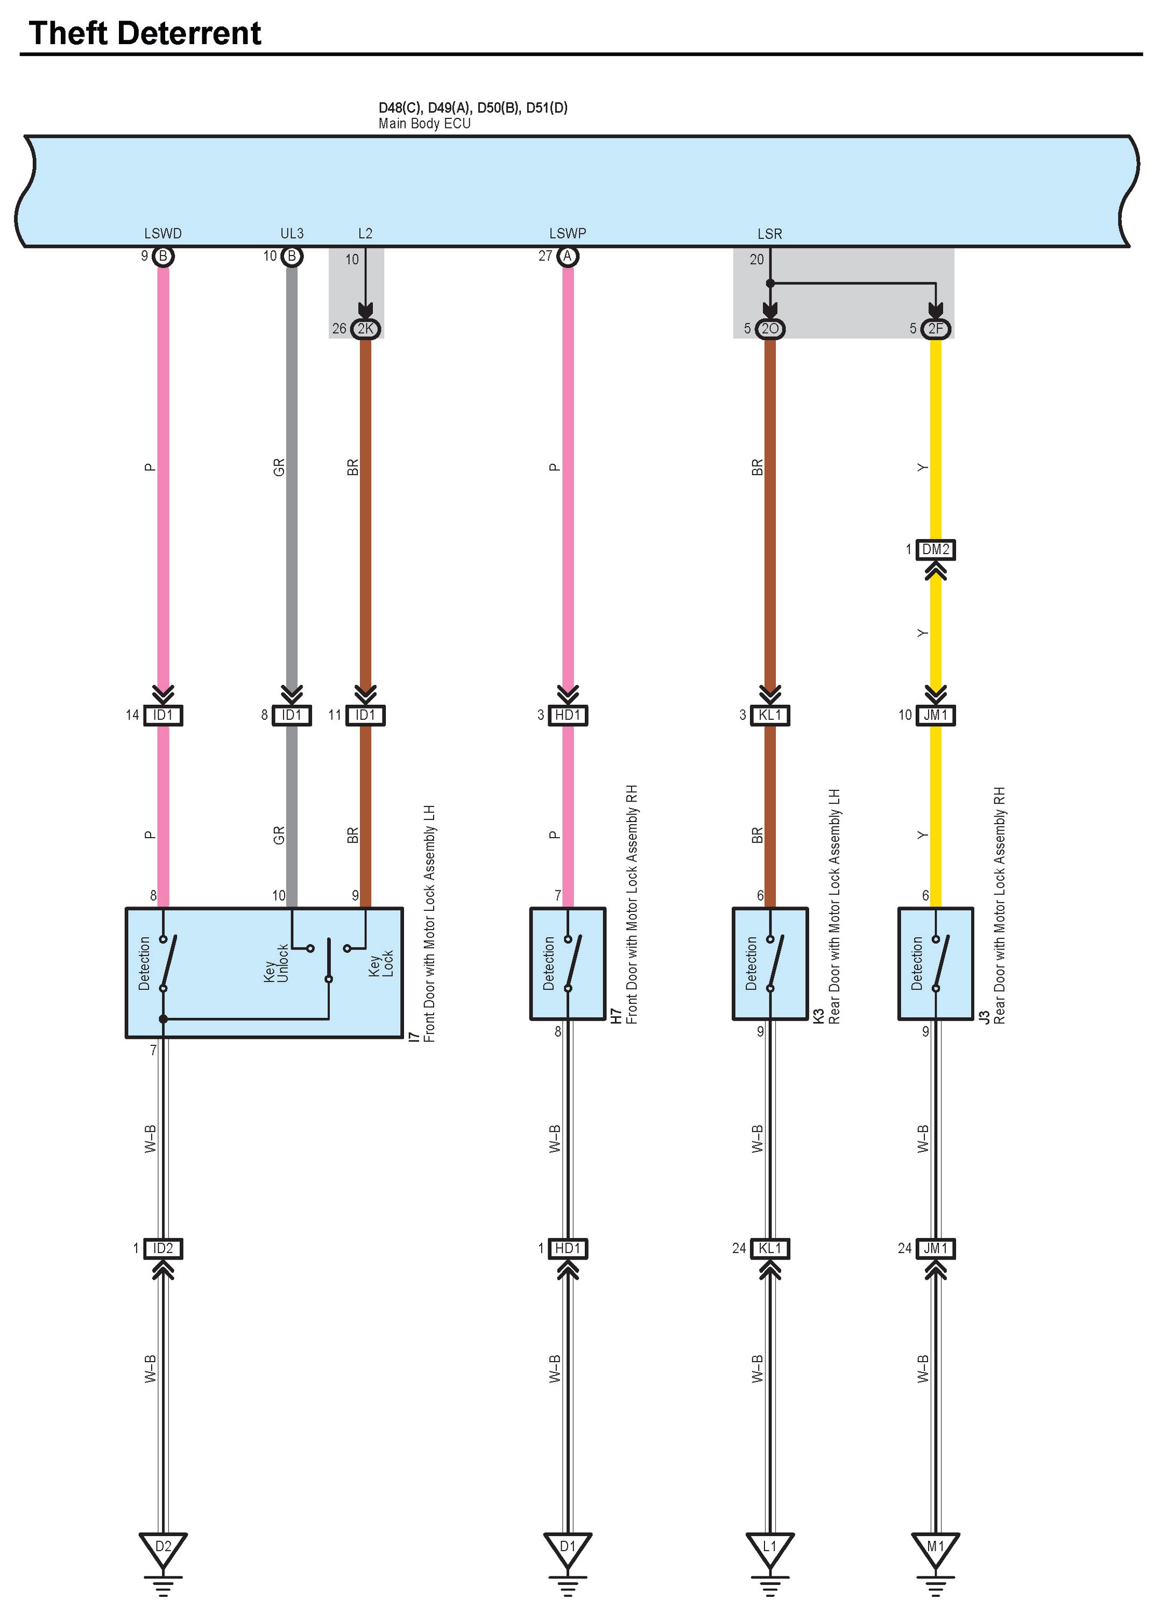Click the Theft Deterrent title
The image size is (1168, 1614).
145,33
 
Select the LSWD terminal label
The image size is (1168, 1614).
163,233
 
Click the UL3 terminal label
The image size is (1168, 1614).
292,233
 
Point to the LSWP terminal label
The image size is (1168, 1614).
567,233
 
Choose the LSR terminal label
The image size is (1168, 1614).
769,234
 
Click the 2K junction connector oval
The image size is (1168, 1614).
366,329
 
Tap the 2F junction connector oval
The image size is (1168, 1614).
935,329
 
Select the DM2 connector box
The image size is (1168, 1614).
935,549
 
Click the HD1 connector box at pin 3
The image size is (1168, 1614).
567,714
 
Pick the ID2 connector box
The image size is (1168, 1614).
163,1248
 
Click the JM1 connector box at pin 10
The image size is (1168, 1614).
935,714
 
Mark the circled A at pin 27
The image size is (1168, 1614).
567,256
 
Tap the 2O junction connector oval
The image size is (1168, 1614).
769,329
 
